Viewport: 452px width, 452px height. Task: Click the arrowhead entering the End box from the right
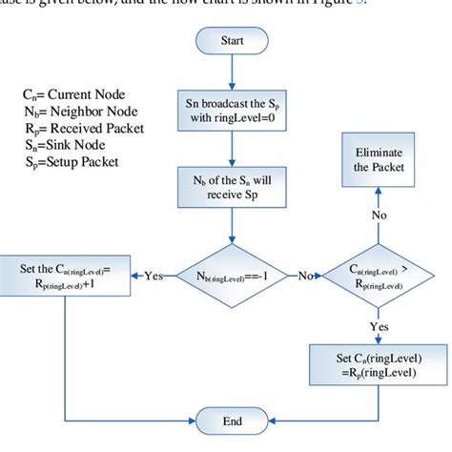tap(264, 420)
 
